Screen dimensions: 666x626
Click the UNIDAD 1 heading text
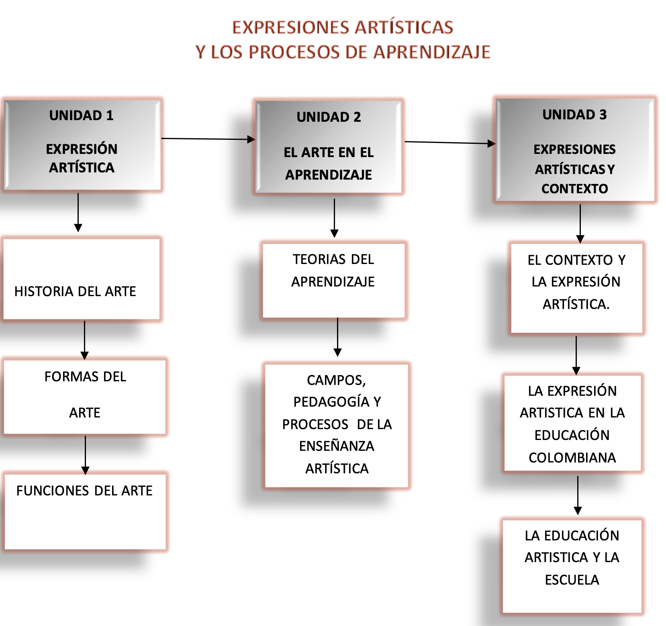81,116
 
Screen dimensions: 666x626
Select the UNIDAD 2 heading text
329,117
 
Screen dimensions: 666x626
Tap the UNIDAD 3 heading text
574,115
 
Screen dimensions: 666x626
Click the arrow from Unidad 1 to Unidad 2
208,139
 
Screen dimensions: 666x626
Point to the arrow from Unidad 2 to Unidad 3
450,143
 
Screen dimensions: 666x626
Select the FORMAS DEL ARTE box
85,397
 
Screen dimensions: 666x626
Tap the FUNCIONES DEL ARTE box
85,511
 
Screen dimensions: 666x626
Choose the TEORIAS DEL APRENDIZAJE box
333,280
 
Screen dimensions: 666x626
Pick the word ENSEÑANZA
337,446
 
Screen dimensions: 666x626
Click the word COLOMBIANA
572,458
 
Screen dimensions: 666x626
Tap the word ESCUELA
572,580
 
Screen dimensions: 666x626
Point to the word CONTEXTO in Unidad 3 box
574,189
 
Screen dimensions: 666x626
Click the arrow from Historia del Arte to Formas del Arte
84,340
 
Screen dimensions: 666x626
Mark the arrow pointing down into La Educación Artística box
578,495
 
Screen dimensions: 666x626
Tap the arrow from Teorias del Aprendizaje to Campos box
337,337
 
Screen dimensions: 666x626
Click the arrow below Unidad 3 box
580,223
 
